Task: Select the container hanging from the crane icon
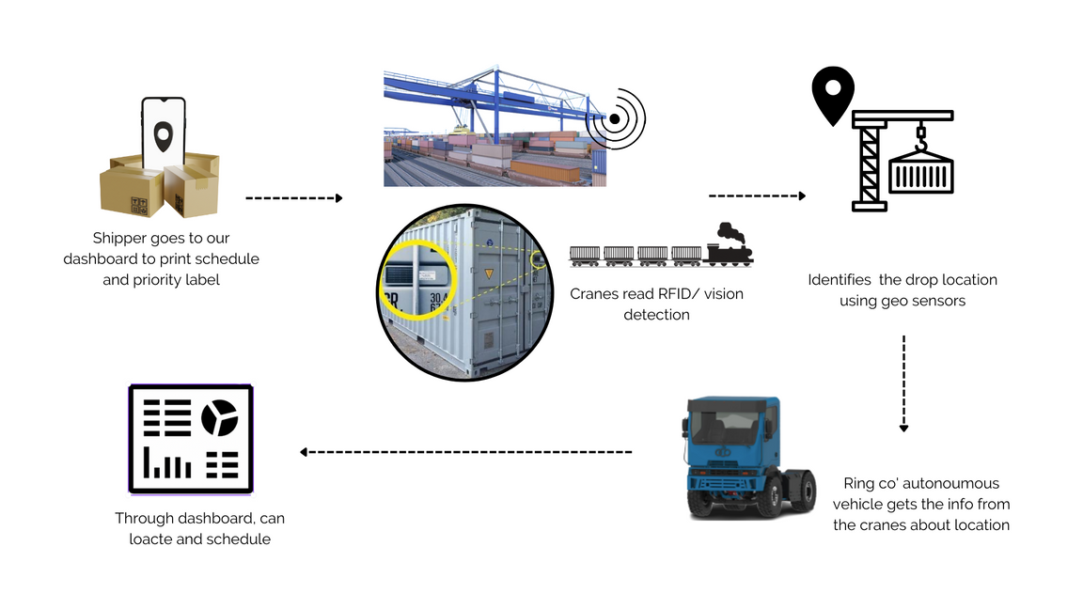[x=921, y=174]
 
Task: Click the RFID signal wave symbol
[x=616, y=119]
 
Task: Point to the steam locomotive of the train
[x=729, y=246]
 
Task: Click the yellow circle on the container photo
[x=416, y=277]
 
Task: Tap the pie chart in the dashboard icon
[x=220, y=418]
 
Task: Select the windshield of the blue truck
[x=725, y=429]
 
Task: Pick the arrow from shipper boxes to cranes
[x=293, y=198]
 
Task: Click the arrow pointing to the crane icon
[x=757, y=195]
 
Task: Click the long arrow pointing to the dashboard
[x=465, y=452]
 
